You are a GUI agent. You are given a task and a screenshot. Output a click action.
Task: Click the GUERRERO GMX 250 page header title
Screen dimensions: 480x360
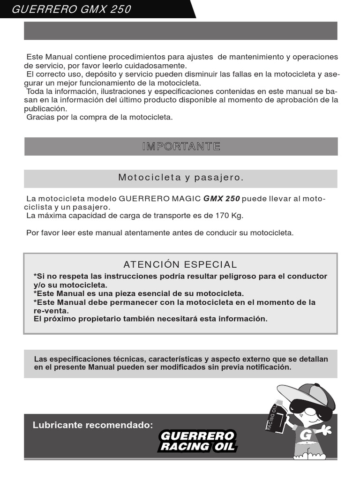click(71, 9)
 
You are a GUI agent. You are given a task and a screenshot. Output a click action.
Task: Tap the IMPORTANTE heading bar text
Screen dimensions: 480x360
click(181, 146)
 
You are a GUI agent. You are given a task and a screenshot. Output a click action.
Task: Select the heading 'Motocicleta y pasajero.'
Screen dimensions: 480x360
click(181, 178)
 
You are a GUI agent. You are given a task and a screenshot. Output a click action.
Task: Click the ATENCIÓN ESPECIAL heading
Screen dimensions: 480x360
click(180, 265)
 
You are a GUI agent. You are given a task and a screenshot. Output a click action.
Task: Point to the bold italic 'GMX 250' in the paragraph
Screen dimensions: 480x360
click(222, 198)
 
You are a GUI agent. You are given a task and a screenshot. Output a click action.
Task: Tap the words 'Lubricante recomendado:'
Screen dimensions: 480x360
click(93, 425)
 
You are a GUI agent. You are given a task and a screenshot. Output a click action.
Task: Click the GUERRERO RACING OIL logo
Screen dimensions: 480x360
click(197, 441)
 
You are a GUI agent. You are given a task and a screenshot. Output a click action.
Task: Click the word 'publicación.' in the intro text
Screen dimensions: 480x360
click(45, 108)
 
